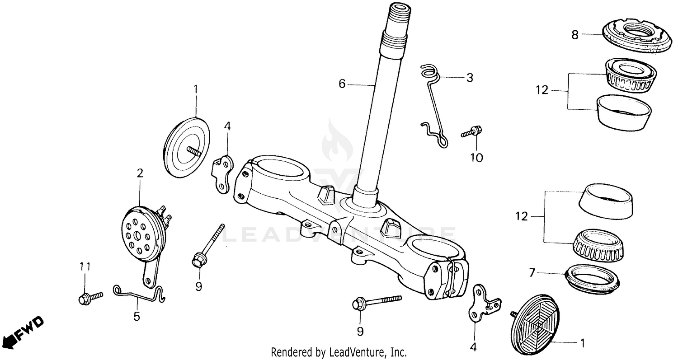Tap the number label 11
pyautogui.click(x=85, y=266)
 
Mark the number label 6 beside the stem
pyautogui.click(x=342, y=84)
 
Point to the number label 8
pyautogui.click(x=574, y=35)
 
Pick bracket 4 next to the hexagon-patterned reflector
pyautogui.click(x=483, y=305)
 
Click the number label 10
pyautogui.click(x=476, y=158)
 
